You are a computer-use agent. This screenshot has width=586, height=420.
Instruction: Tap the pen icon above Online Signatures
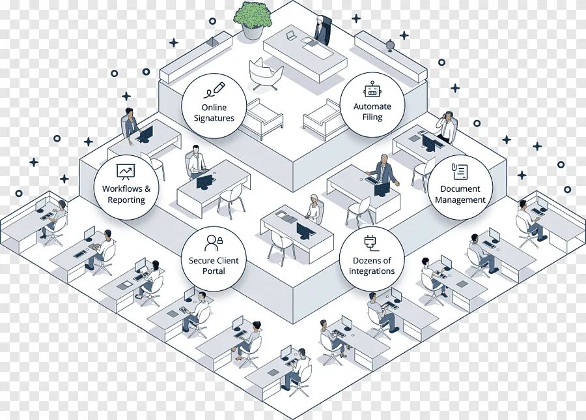(214, 89)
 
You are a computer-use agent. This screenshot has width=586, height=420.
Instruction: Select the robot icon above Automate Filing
(372, 90)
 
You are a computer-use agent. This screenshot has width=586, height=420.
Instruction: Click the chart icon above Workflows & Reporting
(125, 171)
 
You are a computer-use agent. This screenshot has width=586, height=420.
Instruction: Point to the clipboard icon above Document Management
(460, 171)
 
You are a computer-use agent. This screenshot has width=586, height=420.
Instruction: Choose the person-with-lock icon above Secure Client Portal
(214, 243)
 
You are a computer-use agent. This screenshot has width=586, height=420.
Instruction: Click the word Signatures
(214, 118)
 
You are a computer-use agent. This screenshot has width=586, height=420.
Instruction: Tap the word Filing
(372, 117)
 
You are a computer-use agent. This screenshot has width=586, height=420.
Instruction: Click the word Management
(460, 200)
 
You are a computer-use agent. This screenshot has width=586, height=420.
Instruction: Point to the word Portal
(214, 271)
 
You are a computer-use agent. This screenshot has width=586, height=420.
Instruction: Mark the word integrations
(372, 271)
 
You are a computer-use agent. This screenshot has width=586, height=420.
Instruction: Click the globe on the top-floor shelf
(390, 46)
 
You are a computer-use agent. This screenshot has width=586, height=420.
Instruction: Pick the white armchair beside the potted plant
(266, 72)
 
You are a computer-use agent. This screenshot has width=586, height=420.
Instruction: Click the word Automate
(372, 106)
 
